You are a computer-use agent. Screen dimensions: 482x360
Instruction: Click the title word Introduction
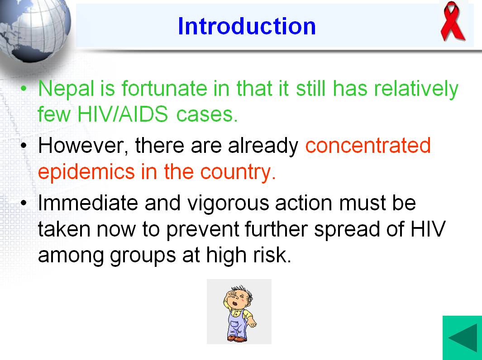(247, 26)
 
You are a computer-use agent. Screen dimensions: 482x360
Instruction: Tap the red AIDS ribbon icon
(452, 21)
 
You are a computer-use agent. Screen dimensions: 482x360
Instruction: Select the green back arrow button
(463, 338)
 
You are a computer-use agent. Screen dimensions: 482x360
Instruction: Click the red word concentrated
(368, 146)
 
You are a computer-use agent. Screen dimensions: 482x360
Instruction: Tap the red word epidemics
(86, 172)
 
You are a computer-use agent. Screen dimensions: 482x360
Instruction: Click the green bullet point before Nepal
(24, 89)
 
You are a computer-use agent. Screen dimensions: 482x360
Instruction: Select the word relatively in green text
(416, 89)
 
